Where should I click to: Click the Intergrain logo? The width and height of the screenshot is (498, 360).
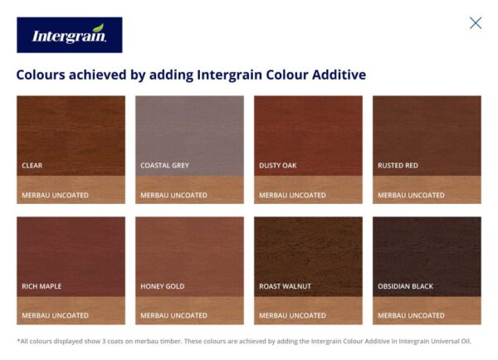point(69,35)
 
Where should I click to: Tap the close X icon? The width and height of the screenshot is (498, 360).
point(476,22)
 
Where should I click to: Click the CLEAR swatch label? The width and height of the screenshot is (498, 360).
point(32,165)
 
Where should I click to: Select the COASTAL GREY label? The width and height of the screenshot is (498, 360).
point(164,165)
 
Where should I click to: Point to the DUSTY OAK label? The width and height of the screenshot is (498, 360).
point(278,165)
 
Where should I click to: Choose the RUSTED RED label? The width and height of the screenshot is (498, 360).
point(398,165)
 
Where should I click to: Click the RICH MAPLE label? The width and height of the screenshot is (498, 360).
point(41,286)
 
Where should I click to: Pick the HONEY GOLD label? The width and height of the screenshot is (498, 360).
point(162,286)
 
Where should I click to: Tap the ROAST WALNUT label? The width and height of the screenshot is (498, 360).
point(285,286)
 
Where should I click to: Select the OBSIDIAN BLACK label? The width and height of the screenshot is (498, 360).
point(406,286)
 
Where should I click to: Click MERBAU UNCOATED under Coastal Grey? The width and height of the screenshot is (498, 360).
point(173,195)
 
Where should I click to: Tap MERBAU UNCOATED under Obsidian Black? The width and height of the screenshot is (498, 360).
point(411,315)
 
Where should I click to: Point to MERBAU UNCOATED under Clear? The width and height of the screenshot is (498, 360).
point(55,195)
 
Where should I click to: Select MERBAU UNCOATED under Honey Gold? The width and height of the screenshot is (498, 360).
point(173,315)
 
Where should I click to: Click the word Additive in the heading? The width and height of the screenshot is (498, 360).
point(335,75)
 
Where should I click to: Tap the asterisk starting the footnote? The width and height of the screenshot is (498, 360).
point(18,339)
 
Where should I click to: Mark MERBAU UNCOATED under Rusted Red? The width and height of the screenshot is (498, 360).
point(411,195)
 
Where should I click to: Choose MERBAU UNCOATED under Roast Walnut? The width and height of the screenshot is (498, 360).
point(292,315)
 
